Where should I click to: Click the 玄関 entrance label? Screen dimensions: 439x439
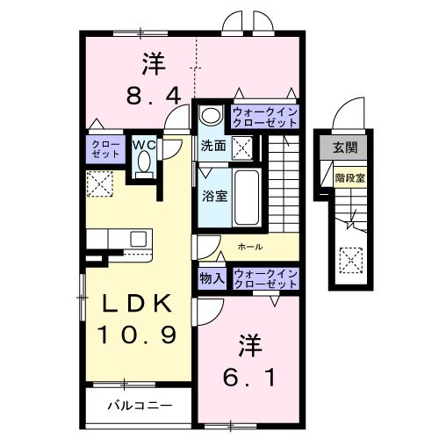click(345, 147)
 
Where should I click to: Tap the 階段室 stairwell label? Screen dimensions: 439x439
click(349, 176)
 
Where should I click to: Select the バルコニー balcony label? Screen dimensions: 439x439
click(139, 406)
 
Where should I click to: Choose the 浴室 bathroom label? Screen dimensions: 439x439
click(215, 195)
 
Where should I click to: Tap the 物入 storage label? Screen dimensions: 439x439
click(212, 278)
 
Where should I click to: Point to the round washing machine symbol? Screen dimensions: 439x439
click(212, 115)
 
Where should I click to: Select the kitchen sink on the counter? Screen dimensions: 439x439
click(139, 238)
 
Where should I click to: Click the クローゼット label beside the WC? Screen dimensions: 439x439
click(104, 148)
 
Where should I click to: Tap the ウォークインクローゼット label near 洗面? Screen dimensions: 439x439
click(265, 117)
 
